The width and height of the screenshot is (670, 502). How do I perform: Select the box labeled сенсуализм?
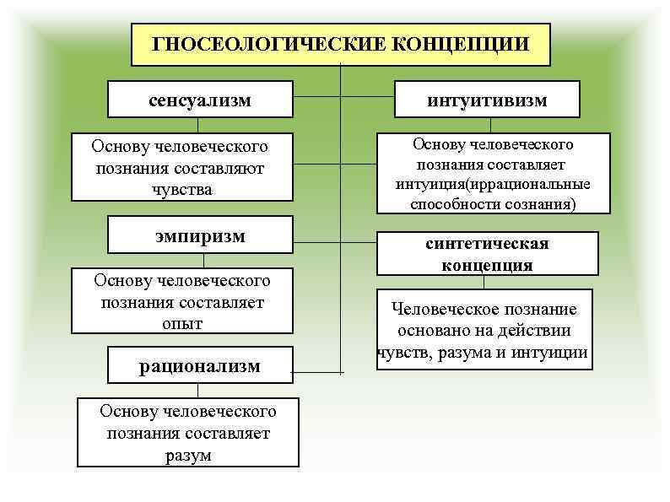(x=200, y=100)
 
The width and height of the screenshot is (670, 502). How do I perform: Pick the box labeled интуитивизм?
(x=487, y=100)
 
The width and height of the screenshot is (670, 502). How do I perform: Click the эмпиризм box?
(x=200, y=236)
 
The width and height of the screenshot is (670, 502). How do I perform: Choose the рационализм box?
(x=200, y=366)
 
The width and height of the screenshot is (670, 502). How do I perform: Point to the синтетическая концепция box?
(x=487, y=253)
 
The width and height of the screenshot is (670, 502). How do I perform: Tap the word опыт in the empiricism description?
(x=181, y=323)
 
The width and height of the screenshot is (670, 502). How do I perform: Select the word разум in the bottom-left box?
(x=187, y=456)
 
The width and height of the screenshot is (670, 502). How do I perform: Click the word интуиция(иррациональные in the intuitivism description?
(x=492, y=184)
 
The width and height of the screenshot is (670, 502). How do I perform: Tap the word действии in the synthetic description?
(x=534, y=331)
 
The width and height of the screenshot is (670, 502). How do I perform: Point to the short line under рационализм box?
(x=197, y=389)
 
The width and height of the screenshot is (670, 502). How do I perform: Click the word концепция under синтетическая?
(x=487, y=264)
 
